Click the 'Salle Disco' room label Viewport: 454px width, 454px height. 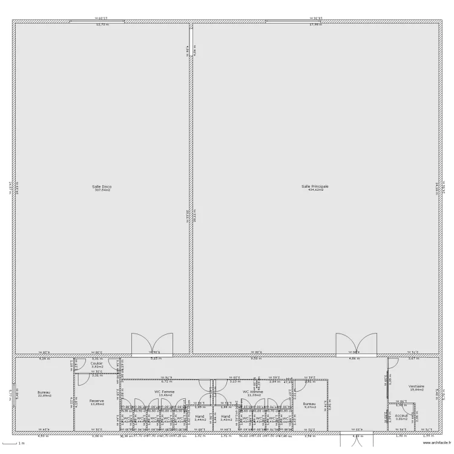tap(102, 186)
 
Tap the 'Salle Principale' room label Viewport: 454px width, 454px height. tap(315, 186)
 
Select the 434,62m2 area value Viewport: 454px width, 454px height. tap(315, 190)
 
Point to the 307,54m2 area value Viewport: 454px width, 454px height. tap(102, 190)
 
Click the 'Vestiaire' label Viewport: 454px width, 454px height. tap(416, 386)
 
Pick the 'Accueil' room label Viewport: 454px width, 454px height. tap(401, 416)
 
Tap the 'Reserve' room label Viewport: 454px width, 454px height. tap(97, 401)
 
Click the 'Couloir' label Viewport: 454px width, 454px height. tap(97, 363)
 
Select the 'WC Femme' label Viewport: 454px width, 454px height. tap(165, 392)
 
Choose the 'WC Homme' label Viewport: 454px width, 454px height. tap(253, 392)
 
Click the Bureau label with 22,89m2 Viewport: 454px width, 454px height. tap(44, 392)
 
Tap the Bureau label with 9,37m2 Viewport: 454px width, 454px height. tap(309, 404)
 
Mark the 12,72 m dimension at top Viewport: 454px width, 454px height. tap(102, 25)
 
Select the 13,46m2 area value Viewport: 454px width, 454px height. tap(165, 395)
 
